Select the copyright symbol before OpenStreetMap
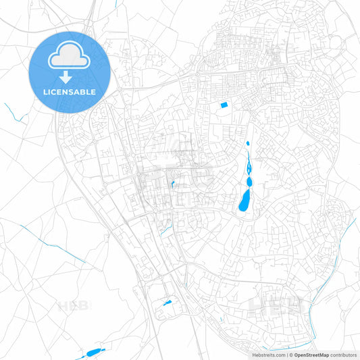tap(290, 355)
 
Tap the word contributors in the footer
tap(343, 355)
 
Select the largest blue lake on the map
tap(244, 201)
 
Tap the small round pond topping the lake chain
tap(248, 144)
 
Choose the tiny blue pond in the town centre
tap(173, 183)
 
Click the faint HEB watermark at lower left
tap(74, 306)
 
